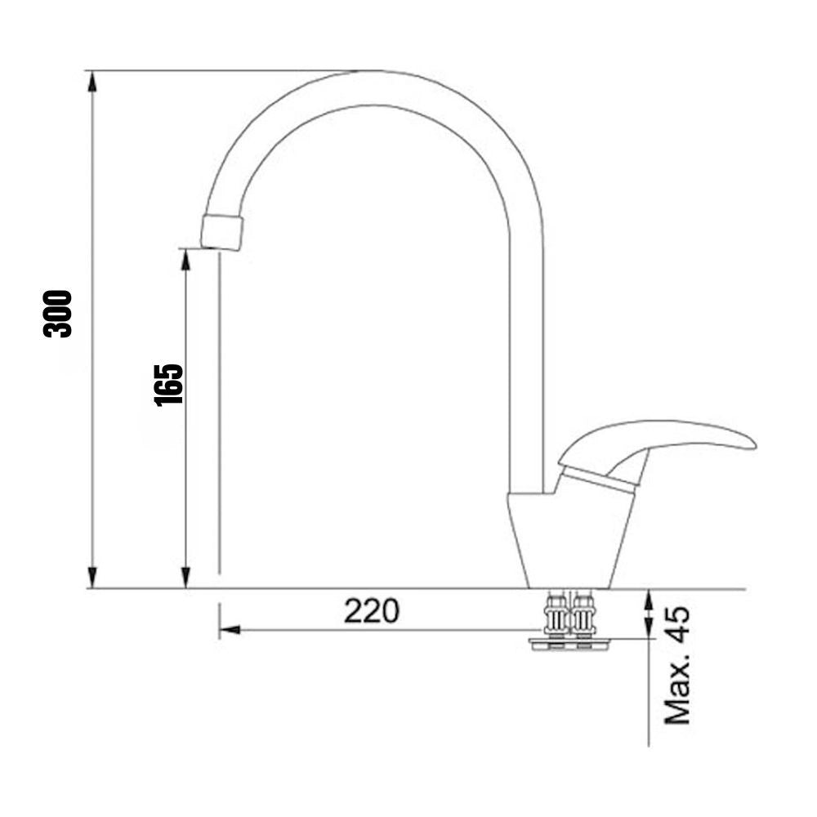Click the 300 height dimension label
click(57, 314)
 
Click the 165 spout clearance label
click(169, 385)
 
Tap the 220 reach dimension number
click(372, 610)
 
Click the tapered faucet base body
click(569, 542)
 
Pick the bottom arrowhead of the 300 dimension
click(92, 577)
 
